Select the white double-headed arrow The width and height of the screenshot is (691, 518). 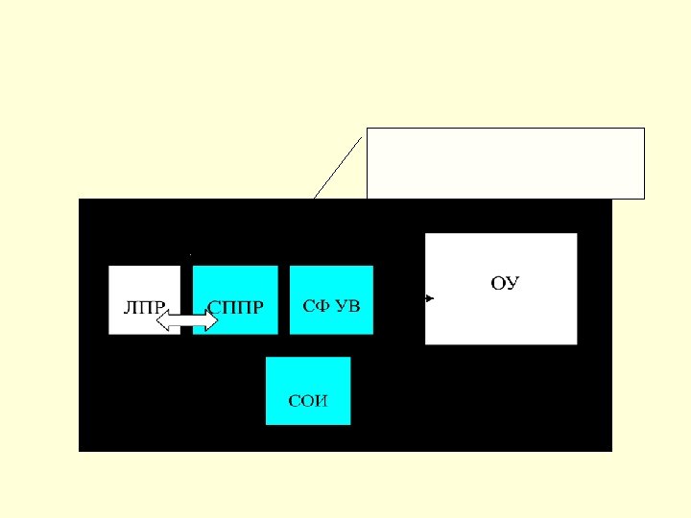[x=187, y=320]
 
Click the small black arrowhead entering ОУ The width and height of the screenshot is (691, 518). [x=430, y=298]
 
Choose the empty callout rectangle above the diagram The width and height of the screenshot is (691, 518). [x=506, y=162]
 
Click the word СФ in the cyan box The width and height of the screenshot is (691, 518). [x=314, y=306]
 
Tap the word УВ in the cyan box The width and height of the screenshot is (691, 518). [x=347, y=306]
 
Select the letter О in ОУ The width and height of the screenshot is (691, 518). [x=498, y=283]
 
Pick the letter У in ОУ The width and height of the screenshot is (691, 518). [x=512, y=283]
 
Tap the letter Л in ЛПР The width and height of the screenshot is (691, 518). [x=130, y=308]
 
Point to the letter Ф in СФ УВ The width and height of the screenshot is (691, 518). [x=322, y=306]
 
